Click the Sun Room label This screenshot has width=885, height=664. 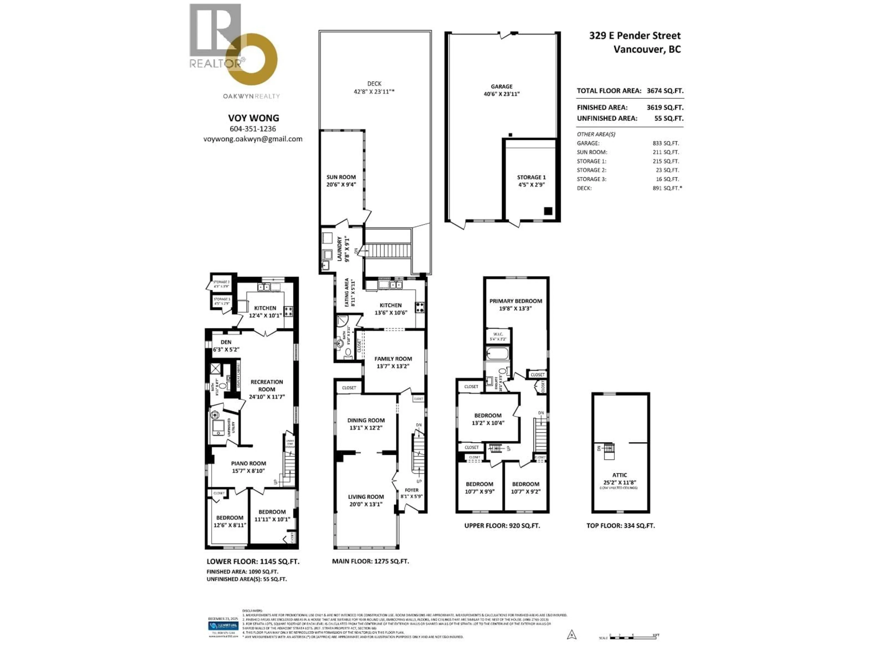pos(341,177)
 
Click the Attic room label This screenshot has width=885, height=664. pos(619,475)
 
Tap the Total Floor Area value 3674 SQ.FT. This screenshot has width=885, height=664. pos(665,91)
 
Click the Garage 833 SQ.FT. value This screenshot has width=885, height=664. pos(666,143)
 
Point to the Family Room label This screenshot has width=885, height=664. pos(393,359)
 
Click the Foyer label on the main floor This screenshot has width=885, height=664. pos(411,490)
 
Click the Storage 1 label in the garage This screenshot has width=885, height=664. pos(531,177)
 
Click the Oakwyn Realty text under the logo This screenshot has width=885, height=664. pos(251,96)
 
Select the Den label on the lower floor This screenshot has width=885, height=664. pos(226,342)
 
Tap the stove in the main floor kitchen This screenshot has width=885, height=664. pos(420,307)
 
